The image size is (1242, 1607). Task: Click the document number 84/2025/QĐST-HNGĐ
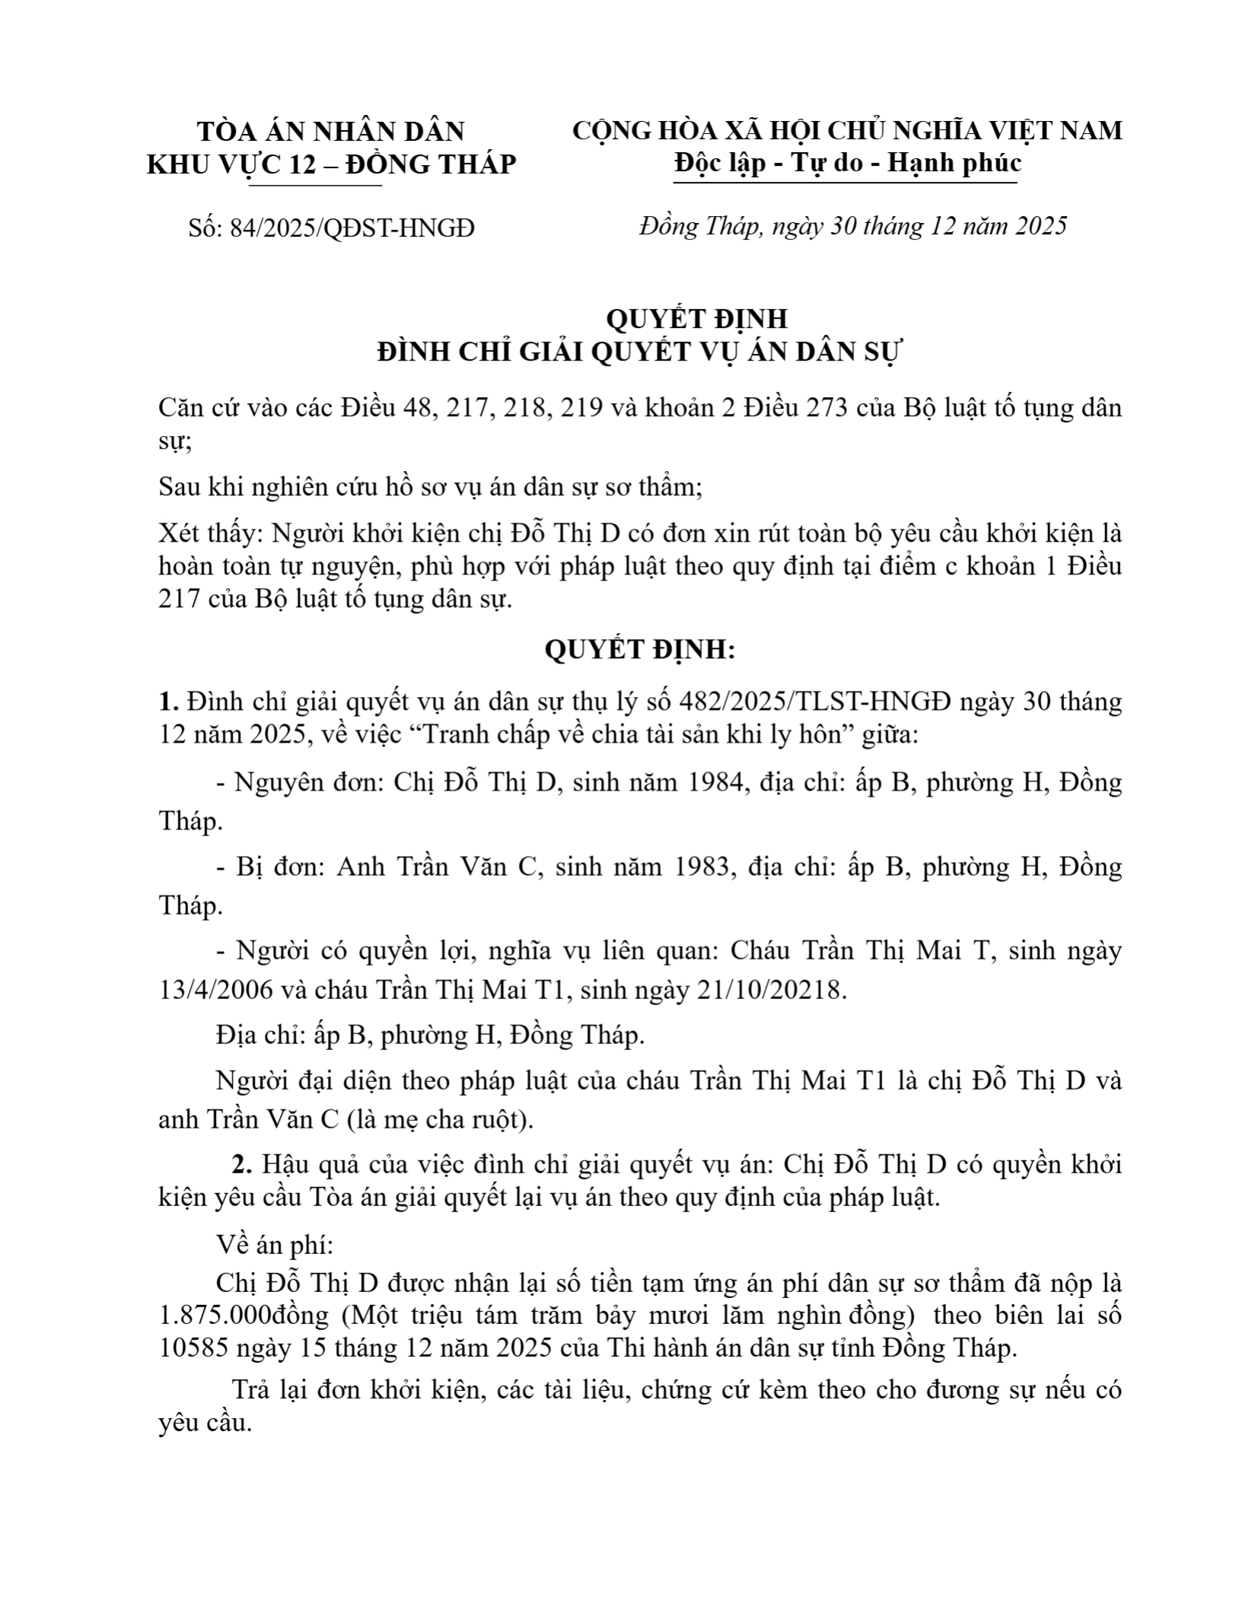332,228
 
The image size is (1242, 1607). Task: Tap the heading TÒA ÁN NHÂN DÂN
331,132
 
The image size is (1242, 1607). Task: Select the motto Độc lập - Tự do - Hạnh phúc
847,164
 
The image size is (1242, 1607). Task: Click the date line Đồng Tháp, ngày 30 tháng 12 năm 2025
853,226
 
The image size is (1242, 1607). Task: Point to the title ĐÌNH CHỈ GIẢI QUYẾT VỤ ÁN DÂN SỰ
639,353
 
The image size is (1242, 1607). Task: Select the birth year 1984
715,783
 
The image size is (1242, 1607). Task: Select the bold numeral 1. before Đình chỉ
167,702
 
